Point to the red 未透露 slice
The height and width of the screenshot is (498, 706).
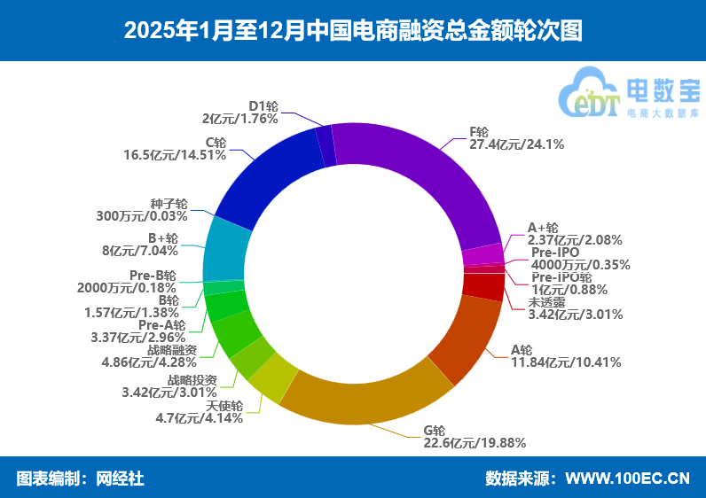pyautogui.click(x=484, y=285)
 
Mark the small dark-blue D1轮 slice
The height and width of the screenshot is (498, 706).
pyautogui.click(x=326, y=145)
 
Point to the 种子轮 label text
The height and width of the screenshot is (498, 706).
pyautogui.click(x=169, y=203)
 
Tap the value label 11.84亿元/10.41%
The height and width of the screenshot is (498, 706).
pyautogui.click(x=566, y=362)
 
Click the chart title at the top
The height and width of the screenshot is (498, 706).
pyautogui.click(x=353, y=30)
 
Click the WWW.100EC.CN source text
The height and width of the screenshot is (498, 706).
pyautogui.click(x=627, y=479)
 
